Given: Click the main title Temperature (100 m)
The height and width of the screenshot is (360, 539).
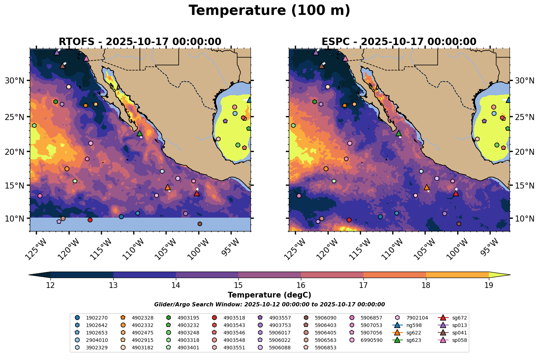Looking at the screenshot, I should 269,11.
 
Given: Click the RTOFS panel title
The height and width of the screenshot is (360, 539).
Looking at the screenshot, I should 140,42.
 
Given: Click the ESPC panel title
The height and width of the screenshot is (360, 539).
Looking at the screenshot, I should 399,42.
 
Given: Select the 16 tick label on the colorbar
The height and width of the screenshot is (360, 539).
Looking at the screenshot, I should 301,285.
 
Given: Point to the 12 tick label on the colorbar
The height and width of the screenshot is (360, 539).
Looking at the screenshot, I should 50,285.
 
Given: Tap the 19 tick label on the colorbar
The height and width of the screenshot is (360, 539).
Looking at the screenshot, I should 489,285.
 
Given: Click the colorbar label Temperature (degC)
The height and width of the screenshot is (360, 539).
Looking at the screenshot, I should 269,295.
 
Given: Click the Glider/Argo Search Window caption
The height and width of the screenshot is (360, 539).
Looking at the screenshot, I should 269,305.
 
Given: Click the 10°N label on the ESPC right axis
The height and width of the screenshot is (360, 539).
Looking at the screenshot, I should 524,218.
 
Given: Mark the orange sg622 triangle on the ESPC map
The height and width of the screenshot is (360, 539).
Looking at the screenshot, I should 427,187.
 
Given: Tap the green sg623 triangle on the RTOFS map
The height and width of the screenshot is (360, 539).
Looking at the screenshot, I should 140,133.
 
